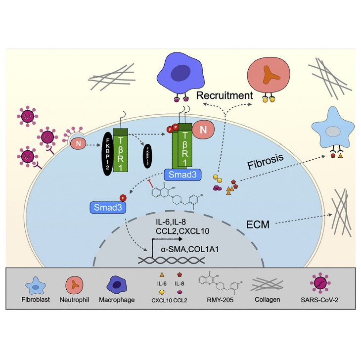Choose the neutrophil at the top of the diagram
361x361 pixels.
coord(267,77)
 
